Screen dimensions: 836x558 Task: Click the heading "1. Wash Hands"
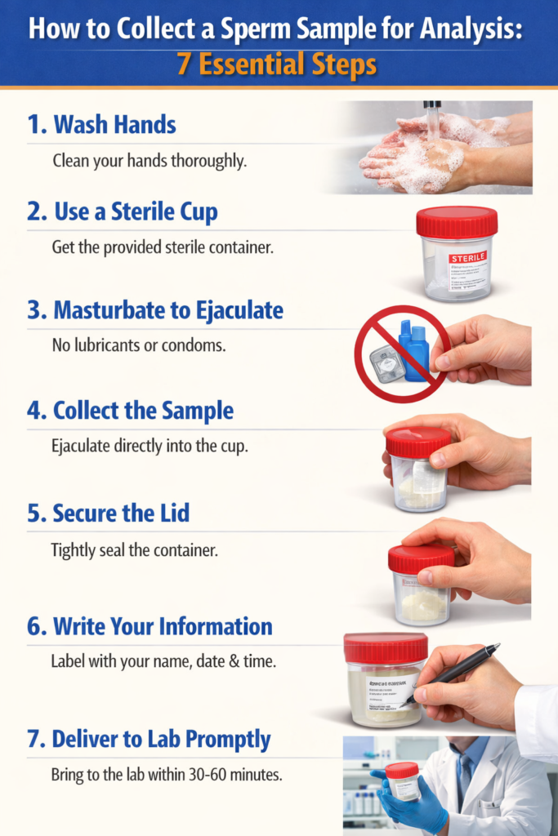click(x=101, y=125)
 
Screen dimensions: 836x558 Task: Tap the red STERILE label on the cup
click(x=467, y=257)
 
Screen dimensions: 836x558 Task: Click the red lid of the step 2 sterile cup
click(x=457, y=221)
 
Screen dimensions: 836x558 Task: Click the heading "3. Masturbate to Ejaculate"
click(x=155, y=311)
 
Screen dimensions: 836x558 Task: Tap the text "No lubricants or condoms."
click(x=139, y=345)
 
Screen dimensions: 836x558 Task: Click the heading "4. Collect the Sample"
click(x=130, y=411)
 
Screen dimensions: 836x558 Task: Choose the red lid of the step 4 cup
click(x=417, y=442)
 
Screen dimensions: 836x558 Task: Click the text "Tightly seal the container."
click(x=135, y=550)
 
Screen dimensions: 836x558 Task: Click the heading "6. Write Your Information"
click(x=150, y=627)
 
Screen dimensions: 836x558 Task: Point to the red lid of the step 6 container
click(x=385, y=648)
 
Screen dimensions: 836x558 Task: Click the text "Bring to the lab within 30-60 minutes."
click(x=167, y=775)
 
